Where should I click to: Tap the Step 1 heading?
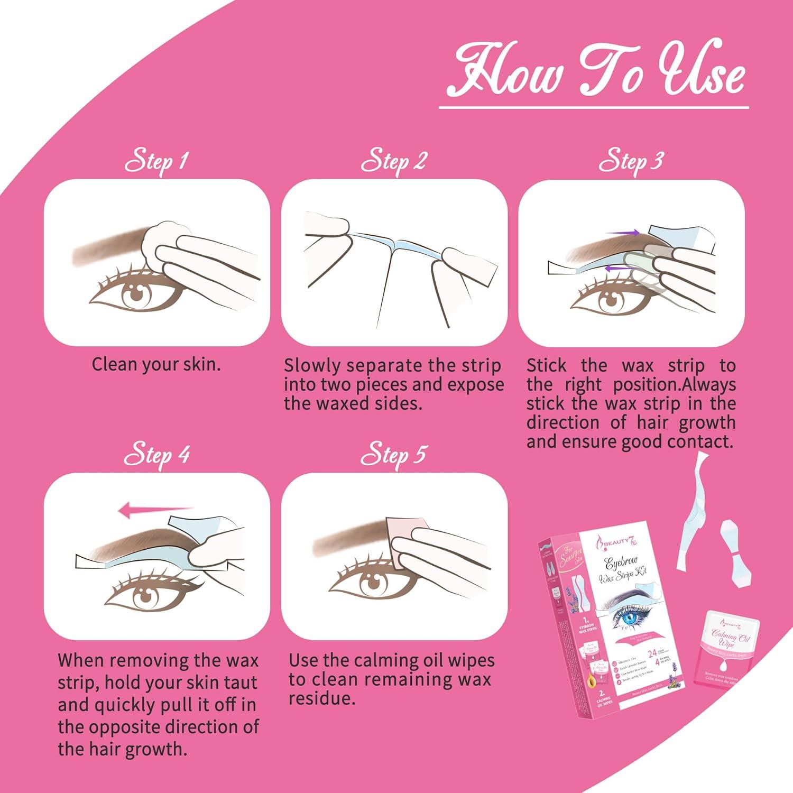(156, 161)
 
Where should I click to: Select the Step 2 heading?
(393, 161)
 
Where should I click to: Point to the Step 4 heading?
(156, 455)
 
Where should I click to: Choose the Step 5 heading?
(393, 455)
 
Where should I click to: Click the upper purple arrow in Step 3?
(623, 232)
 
